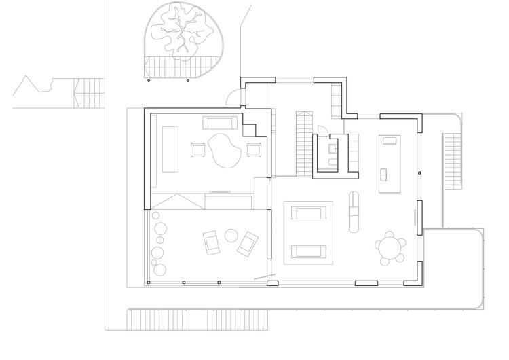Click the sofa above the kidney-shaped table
[x=221, y=123]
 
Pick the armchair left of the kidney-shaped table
[x=197, y=149]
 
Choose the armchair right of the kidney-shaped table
[x=254, y=149]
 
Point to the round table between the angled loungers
[x=231, y=236]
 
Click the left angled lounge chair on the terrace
[x=211, y=241]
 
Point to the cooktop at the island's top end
[x=389, y=141]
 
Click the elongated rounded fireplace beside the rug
[x=353, y=211]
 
